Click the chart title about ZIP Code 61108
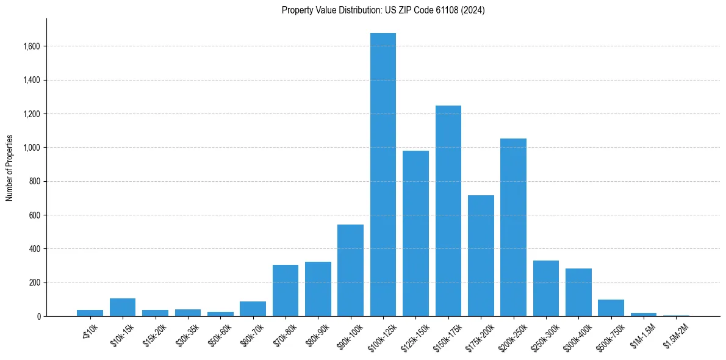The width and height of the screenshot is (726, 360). (x=383, y=10)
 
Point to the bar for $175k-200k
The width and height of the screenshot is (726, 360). (x=481, y=256)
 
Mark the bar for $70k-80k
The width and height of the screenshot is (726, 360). (x=286, y=290)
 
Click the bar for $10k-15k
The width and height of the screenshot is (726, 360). (x=123, y=307)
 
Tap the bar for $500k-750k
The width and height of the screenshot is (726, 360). (x=611, y=308)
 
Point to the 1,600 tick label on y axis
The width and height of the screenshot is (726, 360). (x=32, y=46)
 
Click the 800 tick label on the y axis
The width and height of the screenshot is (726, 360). (x=35, y=182)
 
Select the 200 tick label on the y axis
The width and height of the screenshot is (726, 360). (x=35, y=283)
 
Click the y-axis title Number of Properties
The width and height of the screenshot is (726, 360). (x=10, y=168)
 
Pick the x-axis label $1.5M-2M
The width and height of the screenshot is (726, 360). (x=675, y=333)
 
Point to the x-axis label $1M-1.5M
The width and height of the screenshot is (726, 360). (x=642, y=333)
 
